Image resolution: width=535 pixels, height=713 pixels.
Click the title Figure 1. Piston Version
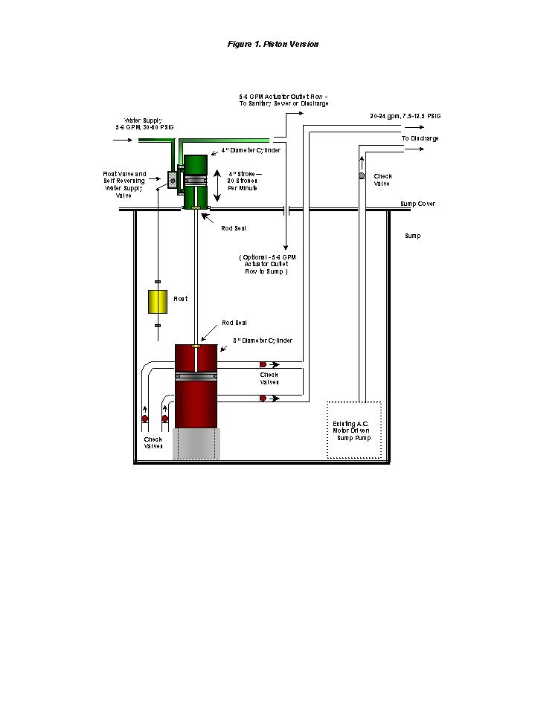273,44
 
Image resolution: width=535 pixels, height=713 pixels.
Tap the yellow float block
158,303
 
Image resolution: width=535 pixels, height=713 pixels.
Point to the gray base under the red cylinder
195,444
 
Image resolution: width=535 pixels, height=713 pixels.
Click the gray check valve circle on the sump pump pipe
362,176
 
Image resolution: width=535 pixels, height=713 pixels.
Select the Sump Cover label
417,204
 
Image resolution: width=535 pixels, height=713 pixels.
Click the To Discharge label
420,138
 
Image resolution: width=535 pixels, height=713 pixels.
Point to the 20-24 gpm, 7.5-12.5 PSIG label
406,117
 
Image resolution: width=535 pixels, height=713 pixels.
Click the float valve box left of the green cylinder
172,179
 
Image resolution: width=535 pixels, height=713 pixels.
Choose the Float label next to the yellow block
181,299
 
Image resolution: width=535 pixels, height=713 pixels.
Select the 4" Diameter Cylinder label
251,150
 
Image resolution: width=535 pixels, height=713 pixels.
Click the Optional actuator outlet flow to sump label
266,264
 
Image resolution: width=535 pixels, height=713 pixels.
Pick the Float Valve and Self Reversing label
124,184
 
